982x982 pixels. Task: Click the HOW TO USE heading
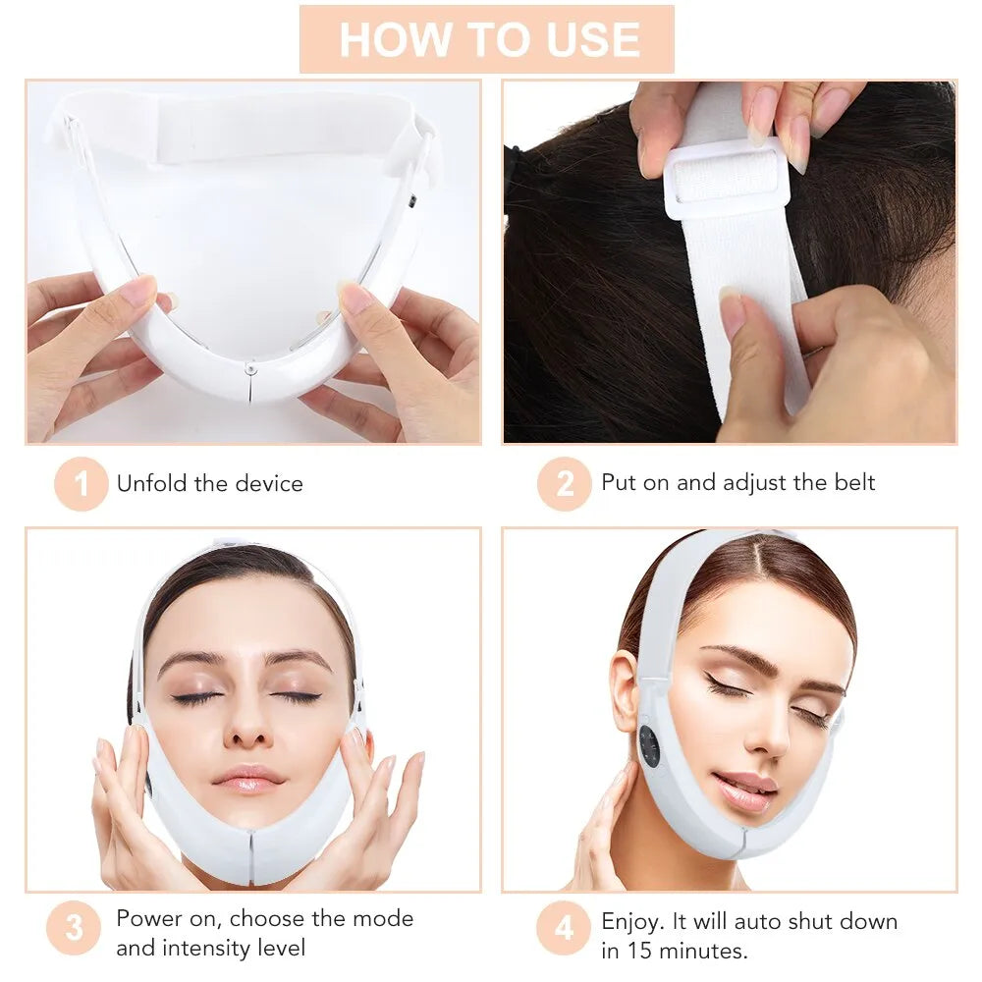pos(488,39)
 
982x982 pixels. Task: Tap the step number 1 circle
pos(81,483)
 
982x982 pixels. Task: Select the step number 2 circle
pos(564,483)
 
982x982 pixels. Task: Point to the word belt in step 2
pos(851,482)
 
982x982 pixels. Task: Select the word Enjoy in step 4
pos(630,921)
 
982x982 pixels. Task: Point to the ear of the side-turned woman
pos(625,686)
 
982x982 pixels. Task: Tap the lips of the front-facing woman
pos(249,781)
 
